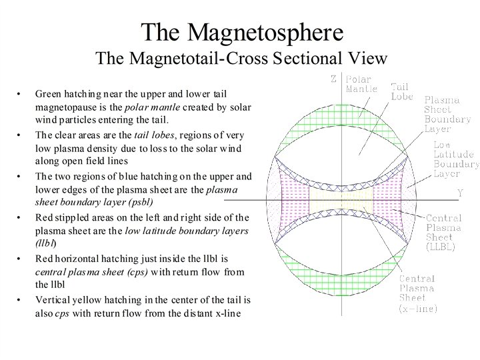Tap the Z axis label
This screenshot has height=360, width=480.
tap(334, 79)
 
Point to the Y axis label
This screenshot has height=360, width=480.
tap(460, 193)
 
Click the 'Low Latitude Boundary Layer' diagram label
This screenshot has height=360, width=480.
tap(455, 159)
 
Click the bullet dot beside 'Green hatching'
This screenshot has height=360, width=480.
tap(19, 94)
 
